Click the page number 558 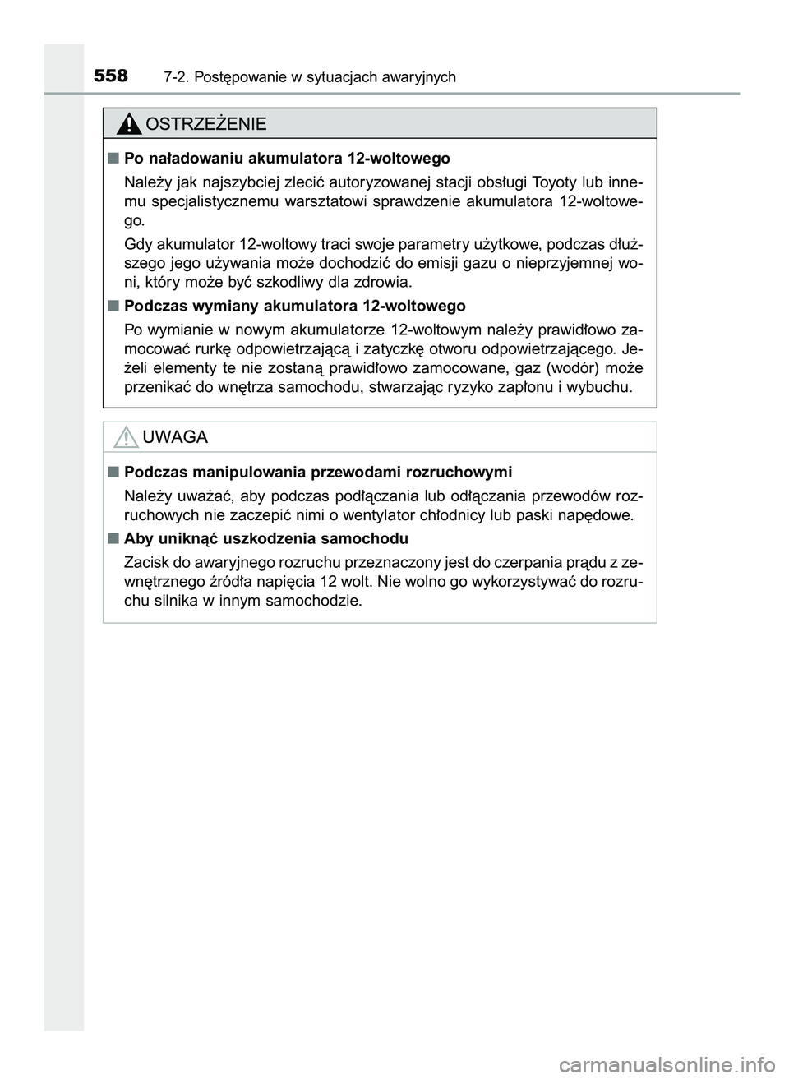[111, 76]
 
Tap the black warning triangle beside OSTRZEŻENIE [128, 124]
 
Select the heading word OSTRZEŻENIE [205, 124]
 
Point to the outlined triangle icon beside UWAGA [126, 437]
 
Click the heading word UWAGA [175, 437]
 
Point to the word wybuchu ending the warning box [604, 388]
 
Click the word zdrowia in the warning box [380, 283]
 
